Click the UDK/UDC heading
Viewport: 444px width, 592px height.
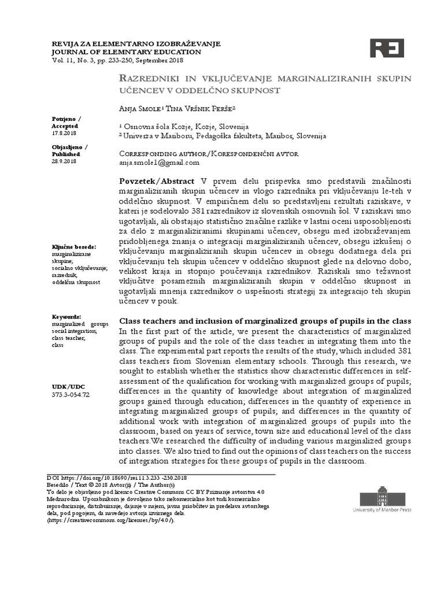click(68, 385)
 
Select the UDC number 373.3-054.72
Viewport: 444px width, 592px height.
click(71, 394)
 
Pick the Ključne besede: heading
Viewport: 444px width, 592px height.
click(74, 247)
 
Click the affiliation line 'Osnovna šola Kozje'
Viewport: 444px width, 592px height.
click(185, 126)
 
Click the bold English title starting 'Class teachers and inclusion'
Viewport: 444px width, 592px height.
click(265, 321)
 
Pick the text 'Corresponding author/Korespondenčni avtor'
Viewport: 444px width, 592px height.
click(208, 154)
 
